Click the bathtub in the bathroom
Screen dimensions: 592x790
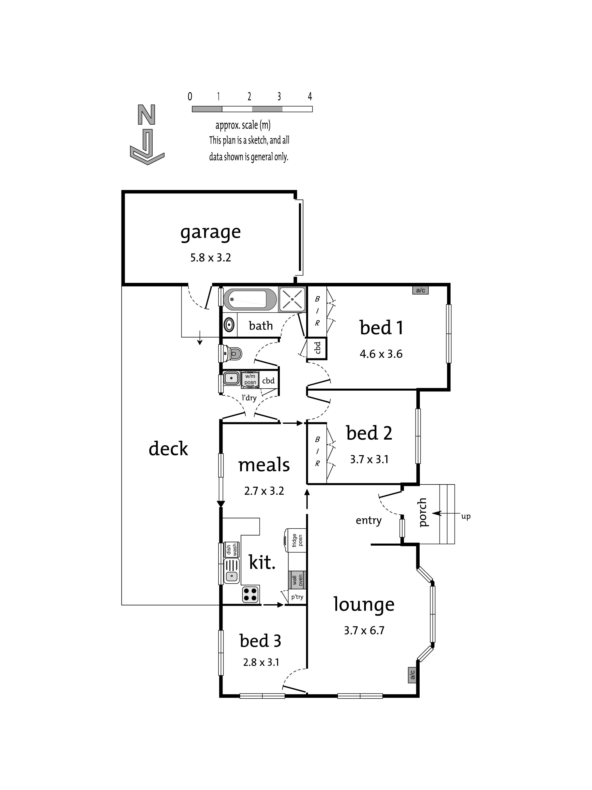(x=250, y=299)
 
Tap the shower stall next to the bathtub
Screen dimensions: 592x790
(x=292, y=299)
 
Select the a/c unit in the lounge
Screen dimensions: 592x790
(x=412, y=675)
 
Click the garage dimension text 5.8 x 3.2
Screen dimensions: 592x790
(x=211, y=257)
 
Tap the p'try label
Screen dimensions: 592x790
(x=297, y=597)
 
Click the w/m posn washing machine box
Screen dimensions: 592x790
(x=250, y=379)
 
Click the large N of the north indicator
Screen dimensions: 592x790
(x=146, y=115)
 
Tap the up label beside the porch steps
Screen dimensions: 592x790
(x=466, y=517)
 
